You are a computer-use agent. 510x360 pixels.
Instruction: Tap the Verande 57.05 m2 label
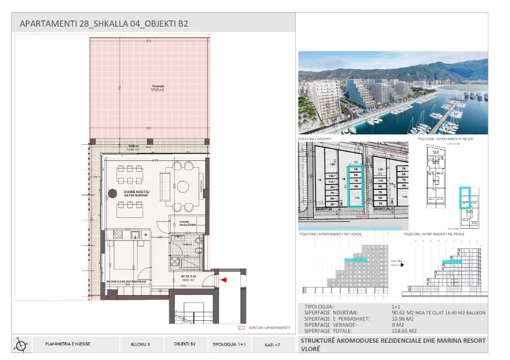(x=157, y=88)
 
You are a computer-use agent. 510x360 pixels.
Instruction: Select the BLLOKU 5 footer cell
(x=140, y=344)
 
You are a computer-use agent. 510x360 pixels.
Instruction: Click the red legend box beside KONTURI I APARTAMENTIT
(x=241, y=327)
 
